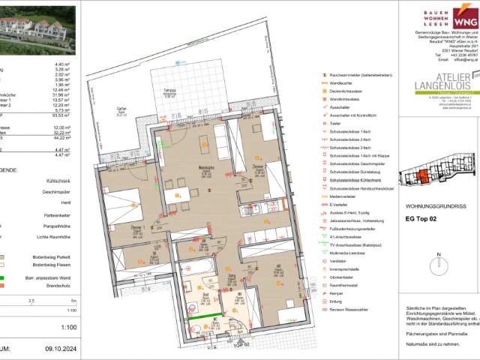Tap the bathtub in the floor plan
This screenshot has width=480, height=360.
click(195, 267)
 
